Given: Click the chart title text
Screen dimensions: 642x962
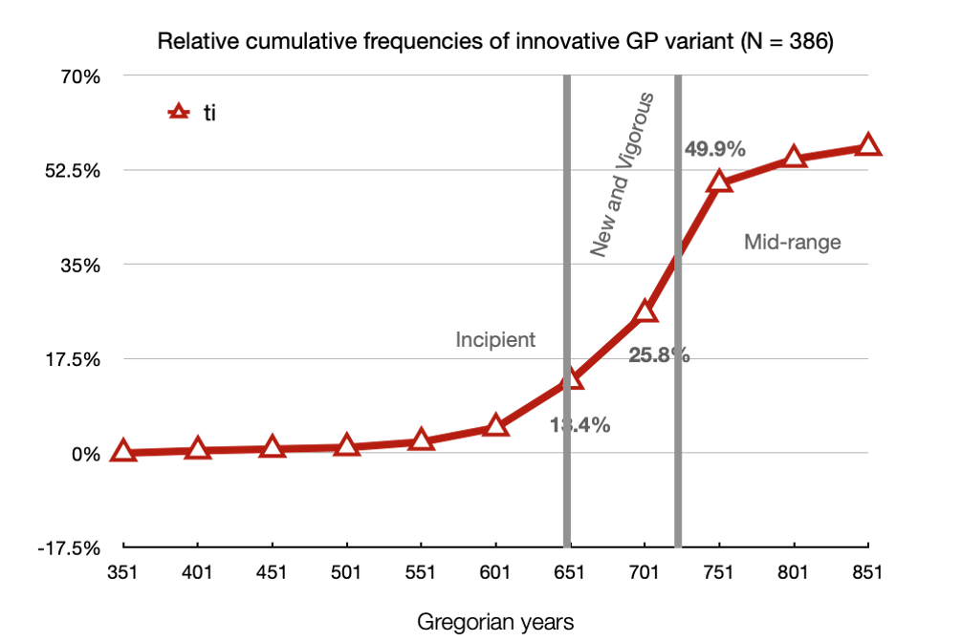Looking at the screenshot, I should click(494, 42).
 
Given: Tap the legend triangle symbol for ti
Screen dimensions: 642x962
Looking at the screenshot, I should click(176, 113).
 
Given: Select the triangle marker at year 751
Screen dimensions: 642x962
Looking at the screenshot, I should click(719, 182).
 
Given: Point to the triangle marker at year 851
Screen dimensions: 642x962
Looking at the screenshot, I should click(868, 145).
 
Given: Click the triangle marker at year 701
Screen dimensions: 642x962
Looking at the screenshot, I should click(645, 311).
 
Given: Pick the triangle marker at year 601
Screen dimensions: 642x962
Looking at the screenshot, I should click(495, 425).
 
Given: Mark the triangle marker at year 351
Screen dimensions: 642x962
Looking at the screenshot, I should click(122, 452).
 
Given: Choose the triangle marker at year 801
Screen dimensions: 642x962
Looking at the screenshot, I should click(794, 158).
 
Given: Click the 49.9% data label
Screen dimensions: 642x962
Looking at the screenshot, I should click(715, 149).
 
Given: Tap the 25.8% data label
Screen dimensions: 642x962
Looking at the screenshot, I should click(659, 355).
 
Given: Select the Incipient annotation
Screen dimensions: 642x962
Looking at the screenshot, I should click(495, 339).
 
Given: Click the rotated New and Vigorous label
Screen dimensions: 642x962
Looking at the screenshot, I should click(622, 175).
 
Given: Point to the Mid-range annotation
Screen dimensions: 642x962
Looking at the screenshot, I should click(793, 242).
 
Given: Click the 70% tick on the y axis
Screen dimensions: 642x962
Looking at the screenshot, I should click(81, 76).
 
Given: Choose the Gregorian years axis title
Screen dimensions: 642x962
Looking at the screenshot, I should click(495, 622).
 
